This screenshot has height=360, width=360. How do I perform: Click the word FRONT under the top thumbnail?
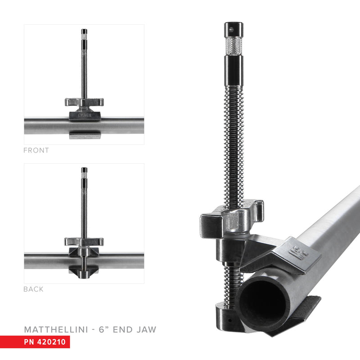[x=36, y=150]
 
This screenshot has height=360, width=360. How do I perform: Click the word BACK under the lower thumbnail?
[x=33, y=289]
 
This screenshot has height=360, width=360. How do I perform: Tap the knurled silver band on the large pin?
[x=233, y=45]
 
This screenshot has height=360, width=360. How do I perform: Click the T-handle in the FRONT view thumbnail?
[x=84, y=102]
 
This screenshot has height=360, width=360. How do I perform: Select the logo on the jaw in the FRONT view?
[x=84, y=116]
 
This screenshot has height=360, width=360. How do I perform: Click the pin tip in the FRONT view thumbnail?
[x=84, y=32]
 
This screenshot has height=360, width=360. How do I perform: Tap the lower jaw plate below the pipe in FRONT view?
[x=84, y=135]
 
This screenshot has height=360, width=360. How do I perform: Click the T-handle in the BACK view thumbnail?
[x=84, y=241]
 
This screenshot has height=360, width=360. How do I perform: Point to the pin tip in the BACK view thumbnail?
[x=84, y=171]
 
